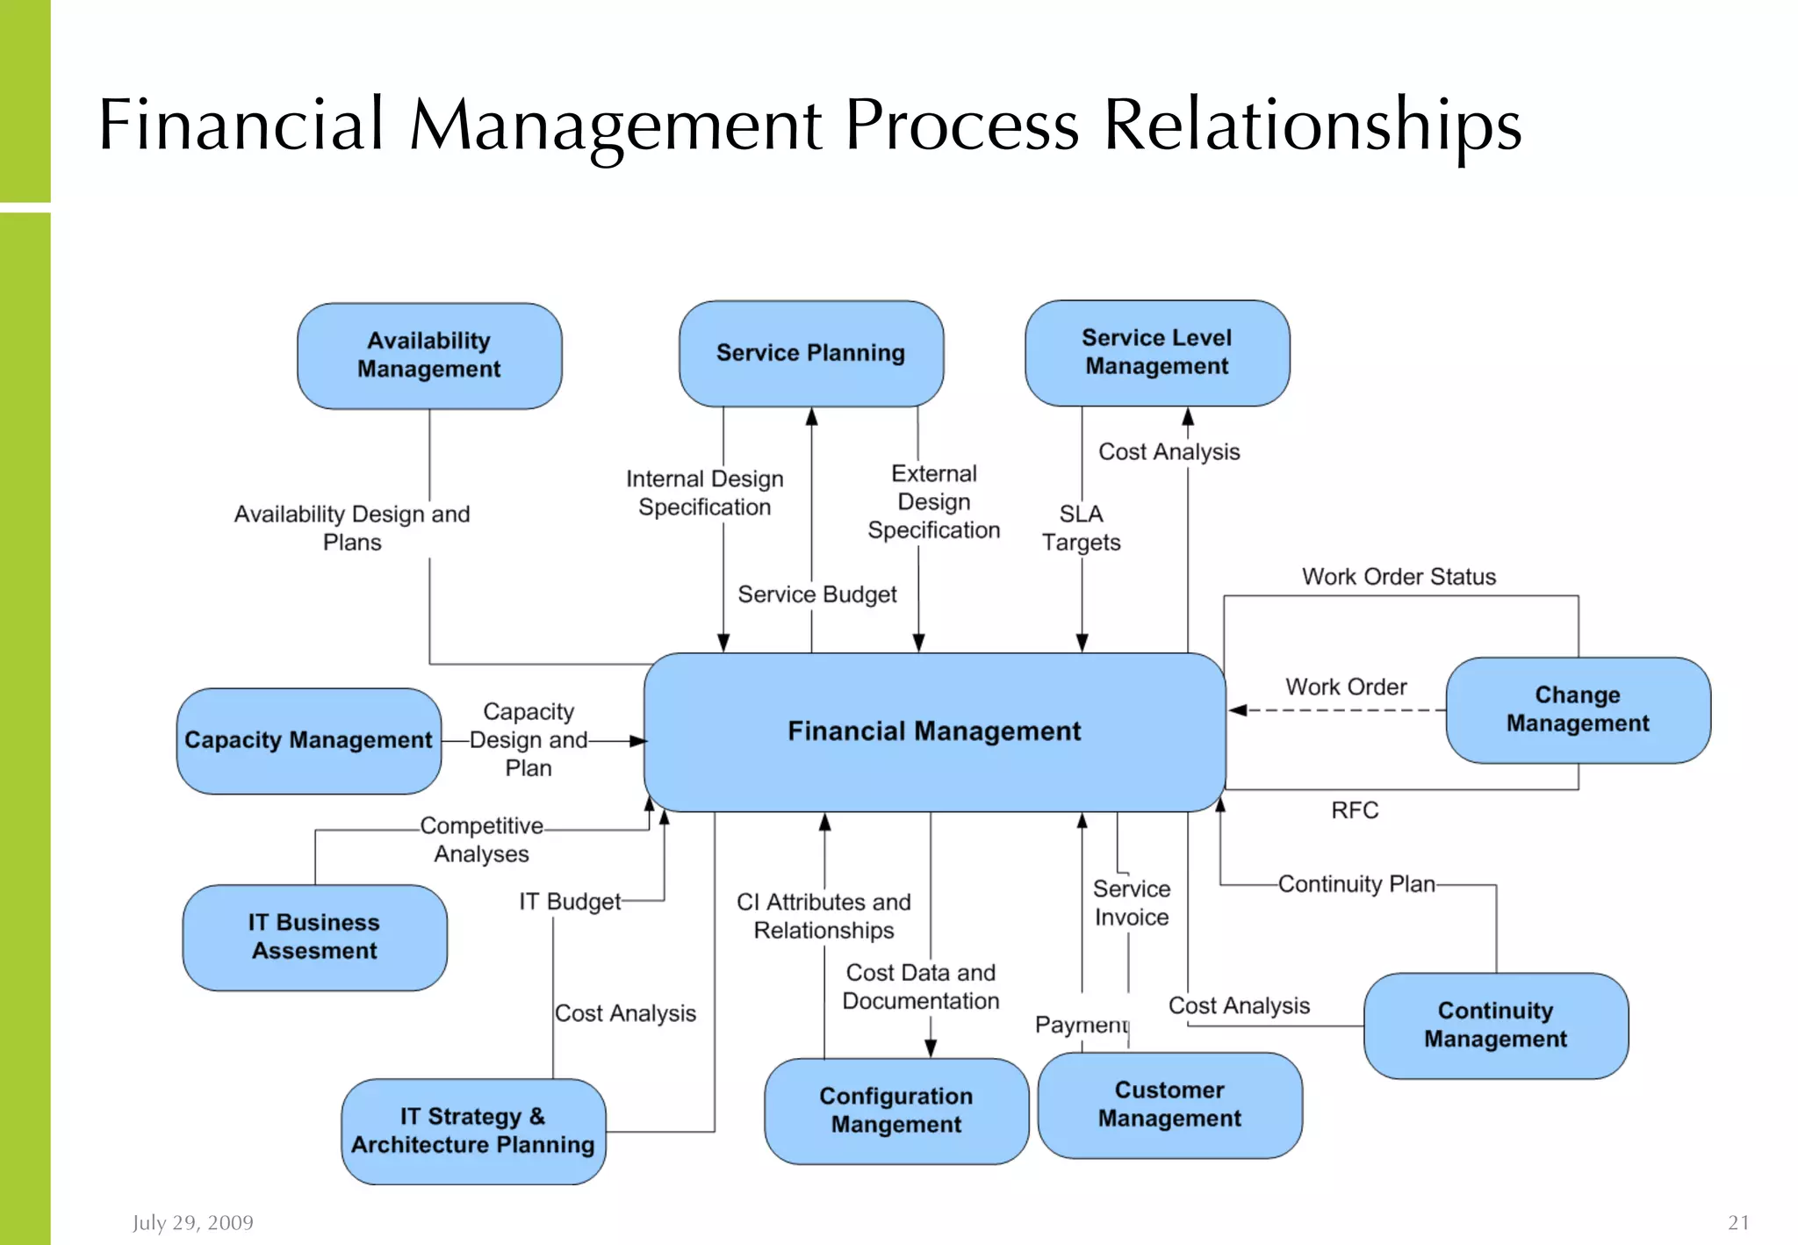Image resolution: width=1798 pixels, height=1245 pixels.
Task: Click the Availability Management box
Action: click(429, 356)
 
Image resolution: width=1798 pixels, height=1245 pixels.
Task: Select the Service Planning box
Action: click(810, 354)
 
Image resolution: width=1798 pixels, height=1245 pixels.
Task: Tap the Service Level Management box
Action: click(1156, 353)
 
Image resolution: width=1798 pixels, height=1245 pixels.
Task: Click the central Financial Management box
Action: click(934, 731)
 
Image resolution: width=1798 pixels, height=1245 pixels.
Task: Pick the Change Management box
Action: click(1577, 709)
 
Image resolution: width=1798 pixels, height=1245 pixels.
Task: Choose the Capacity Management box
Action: click(308, 741)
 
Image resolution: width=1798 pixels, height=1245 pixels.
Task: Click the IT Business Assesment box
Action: click(314, 937)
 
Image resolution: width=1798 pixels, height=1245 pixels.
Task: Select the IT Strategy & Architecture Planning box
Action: click(473, 1131)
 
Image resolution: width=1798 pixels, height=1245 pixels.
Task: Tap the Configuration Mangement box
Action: click(895, 1111)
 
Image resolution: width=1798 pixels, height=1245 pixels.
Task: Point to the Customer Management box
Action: click(1169, 1105)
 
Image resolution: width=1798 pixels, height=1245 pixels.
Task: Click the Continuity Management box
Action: click(1495, 1025)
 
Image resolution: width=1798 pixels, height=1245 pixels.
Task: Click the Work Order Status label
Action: click(1399, 577)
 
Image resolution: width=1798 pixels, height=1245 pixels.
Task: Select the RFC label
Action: click(1354, 810)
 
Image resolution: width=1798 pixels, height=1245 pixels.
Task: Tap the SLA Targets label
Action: click(1081, 528)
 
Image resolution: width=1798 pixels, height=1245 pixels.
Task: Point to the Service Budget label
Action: click(816, 595)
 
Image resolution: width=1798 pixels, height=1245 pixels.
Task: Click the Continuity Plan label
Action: click(1356, 884)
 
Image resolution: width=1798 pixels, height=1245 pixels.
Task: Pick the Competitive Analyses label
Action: click(481, 839)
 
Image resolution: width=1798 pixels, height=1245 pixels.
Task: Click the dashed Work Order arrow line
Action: click(1343, 710)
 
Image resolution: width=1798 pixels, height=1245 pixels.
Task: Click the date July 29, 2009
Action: click(192, 1222)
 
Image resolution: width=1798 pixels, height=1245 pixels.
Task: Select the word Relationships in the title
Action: click(1311, 126)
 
